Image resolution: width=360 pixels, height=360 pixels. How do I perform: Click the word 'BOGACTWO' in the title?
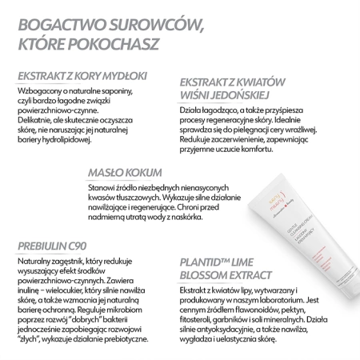[x=57, y=19]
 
